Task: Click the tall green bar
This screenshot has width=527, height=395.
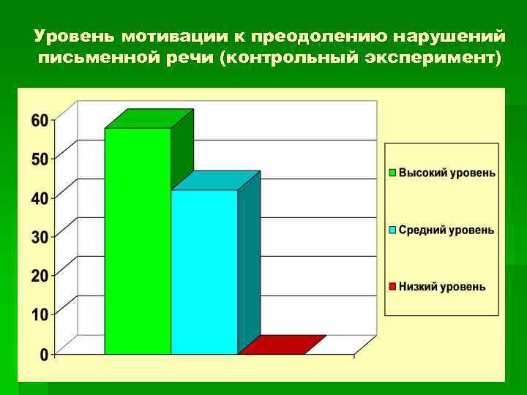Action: [x=138, y=241]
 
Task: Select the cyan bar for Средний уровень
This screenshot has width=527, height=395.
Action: [x=204, y=271]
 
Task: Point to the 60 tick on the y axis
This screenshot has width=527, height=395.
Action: [x=39, y=120]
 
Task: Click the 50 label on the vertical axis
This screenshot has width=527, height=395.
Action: [x=39, y=159]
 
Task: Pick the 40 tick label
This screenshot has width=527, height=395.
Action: [x=39, y=197]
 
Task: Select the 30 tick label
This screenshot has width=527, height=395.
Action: [x=39, y=236]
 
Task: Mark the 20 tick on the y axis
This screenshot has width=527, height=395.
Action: [x=39, y=275]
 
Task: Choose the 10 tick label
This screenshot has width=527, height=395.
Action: [x=39, y=315]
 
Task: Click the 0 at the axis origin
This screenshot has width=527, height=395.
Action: [x=44, y=354]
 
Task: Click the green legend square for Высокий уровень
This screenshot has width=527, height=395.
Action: [x=392, y=173]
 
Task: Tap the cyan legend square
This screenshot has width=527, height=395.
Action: [x=392, y=230]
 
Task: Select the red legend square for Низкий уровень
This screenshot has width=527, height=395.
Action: [x=392, y=287]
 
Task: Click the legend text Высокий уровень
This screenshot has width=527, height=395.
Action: [x=446, y=173]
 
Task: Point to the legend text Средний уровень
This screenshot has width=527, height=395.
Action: [x=446, y=230]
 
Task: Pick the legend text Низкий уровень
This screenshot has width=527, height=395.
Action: [x=441, y=287]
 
